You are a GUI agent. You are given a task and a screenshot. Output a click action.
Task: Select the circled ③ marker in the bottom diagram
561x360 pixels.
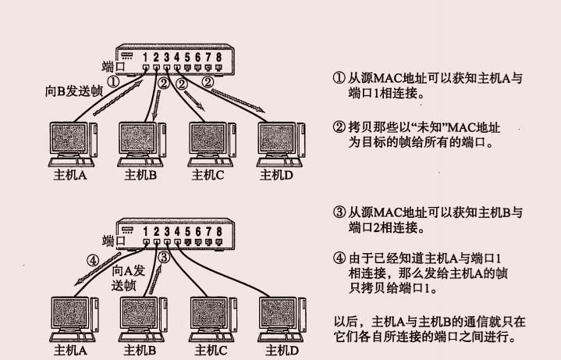tap(164, 256)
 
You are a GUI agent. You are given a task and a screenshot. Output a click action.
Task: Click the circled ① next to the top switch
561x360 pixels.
tap(113, 80)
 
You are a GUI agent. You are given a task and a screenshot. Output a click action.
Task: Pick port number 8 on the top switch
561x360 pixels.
tap(219, 56)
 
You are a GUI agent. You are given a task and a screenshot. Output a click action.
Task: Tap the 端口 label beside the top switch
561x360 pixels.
tap(114, 66)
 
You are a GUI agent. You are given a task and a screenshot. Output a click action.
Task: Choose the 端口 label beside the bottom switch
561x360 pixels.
tap(114, 241)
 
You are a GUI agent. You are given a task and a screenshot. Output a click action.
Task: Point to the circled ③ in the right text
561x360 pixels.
tap(339, 213)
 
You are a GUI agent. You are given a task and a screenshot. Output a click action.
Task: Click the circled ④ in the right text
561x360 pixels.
tap(339, 259)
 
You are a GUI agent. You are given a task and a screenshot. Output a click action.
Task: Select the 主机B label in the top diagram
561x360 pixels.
tap(140, 175)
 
